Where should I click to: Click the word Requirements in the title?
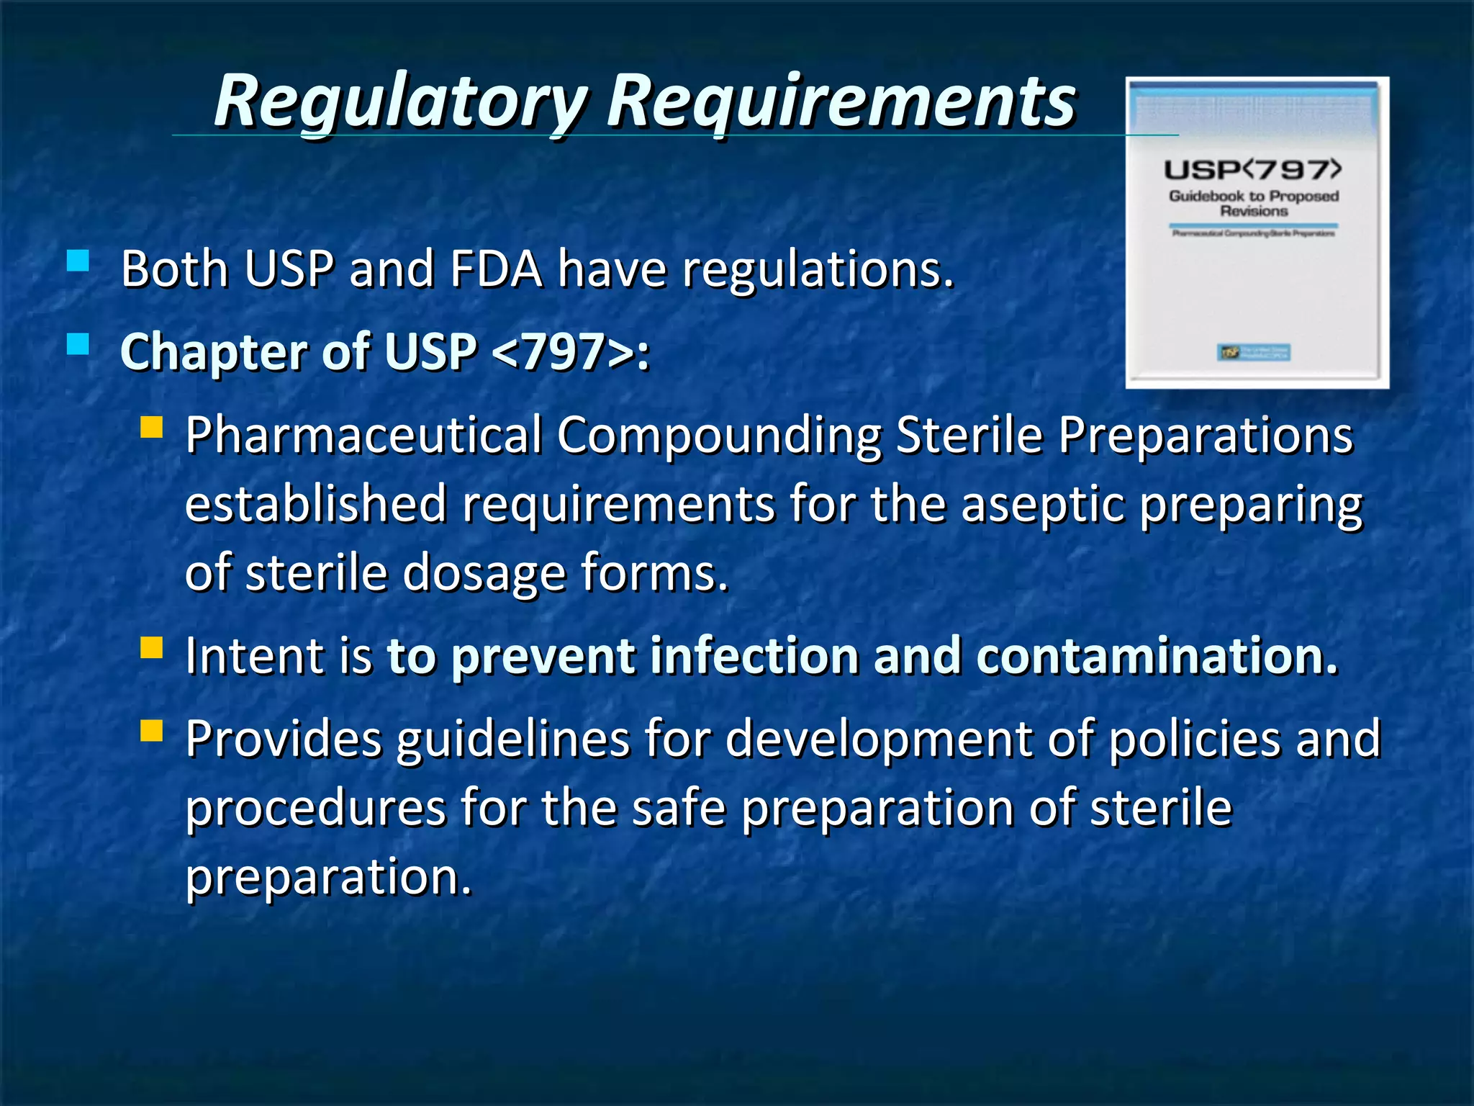point(841,102)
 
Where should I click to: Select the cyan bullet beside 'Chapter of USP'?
point(78,344)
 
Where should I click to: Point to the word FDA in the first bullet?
point(496,269)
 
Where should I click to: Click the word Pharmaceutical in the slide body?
point(363,436)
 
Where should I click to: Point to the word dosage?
point(484,573)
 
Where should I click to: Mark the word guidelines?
point(512,740)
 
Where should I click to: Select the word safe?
point(679,808)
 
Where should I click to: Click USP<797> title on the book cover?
point(1253,170)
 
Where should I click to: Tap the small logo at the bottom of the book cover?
point(1253,352)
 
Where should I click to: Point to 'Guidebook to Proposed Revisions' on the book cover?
point(1253,203)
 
